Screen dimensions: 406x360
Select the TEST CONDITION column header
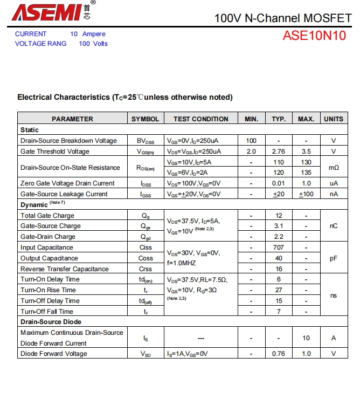coord(200,119)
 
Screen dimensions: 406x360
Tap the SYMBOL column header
coord(145,119)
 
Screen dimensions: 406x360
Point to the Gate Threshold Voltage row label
coord(55,152)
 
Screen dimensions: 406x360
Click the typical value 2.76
coord(278,152)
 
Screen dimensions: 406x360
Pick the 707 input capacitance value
coord(278,247)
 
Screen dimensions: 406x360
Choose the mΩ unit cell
coord(334,168)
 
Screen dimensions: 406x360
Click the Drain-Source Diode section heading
coord(51,322)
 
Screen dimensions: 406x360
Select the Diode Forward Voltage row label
coord(54,354)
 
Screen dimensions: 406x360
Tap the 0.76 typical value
coord(278,354)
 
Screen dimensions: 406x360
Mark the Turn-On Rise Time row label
coord(49,290)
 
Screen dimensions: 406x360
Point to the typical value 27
coord(278,290)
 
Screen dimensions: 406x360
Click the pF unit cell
coord(334,258)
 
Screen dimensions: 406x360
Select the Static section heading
coord(30,130)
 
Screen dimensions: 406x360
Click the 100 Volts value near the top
coord(93,44)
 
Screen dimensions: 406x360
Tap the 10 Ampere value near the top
coord(88,34)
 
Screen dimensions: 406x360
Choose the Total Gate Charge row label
coord(47,216)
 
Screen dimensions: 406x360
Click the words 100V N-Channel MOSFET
coord(282,18)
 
